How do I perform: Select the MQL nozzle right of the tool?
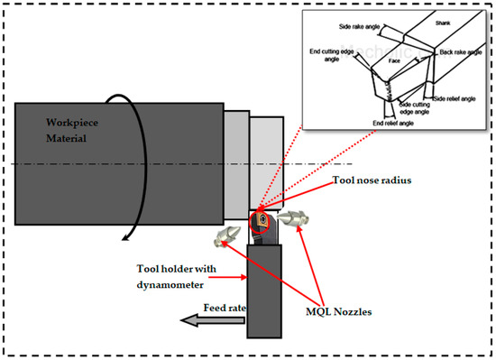coord(295,218)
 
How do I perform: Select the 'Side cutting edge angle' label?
coord(417,110)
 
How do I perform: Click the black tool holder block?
coord(262,289)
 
